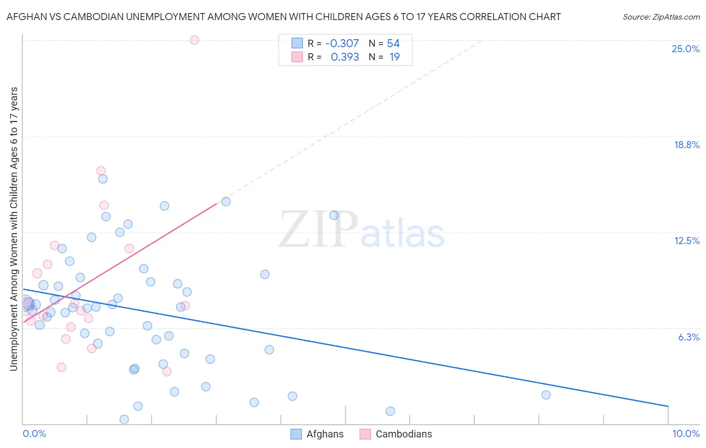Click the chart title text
click(x=284, y=17)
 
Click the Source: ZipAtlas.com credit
click(x=661, y=17)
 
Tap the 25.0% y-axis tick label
click(x=685, y=49)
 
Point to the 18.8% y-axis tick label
click(x=686, y=145)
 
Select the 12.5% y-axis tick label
click(x=686, y=241)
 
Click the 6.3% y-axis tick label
click(x=688, y=337)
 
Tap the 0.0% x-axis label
click(x=34, y=433)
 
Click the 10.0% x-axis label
click(x=685, y=433)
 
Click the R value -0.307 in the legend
click(x=342, y=44)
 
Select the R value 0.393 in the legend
click(x=344, y=57)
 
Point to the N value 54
click(x=393, y=44)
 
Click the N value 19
click(x=395, y=57)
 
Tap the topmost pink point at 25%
click(x=194, y=40)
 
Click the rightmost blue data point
click(x=546, y=395)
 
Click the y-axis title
click(x=14, y=229)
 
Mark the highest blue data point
click(x=103, y=179)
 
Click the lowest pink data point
click(x=167, y=372)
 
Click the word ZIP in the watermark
click(x=318, y=230)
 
